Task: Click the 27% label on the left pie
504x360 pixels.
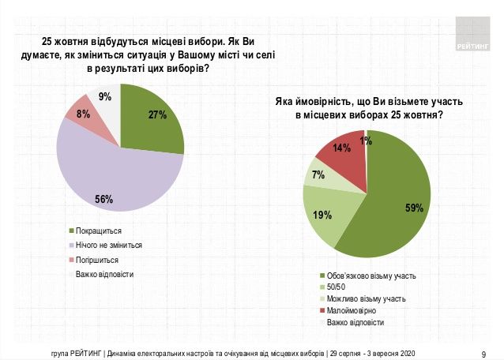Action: (x=156, y=114)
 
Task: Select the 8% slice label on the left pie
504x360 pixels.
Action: (x=82, y=114)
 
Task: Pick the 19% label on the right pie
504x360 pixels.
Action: (x=323, y=213)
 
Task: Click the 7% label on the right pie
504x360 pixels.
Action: (x=318, y=175)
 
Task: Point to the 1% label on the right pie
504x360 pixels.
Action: (x=366, y=141)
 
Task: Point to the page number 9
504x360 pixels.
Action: (x=483, y=353)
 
